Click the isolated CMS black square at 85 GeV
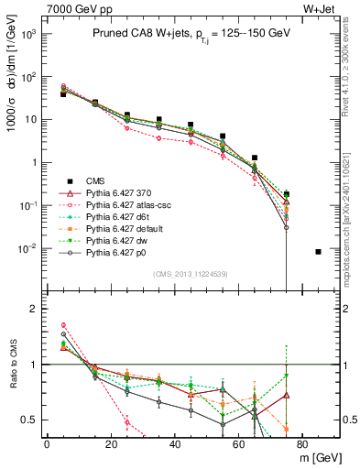[x=318, y=251]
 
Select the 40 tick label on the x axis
[x=175, y=444]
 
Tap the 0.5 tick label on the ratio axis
[x=29, y=420]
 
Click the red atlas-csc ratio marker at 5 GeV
[x=62, y=325]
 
